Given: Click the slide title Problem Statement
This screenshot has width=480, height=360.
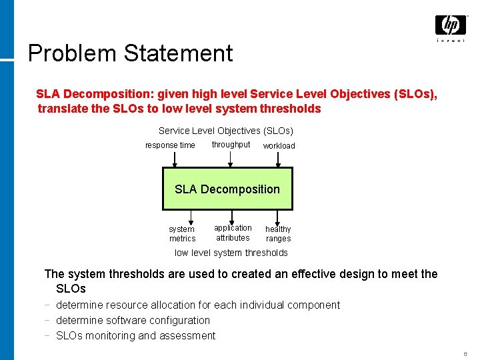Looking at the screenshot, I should [x=131, y=53].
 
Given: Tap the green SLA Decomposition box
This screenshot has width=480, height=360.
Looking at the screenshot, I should [x=227, y=189].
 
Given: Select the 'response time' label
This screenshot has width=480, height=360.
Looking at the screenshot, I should [x=170, y=145].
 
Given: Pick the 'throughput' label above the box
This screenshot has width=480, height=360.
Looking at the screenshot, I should [x=231, y=145].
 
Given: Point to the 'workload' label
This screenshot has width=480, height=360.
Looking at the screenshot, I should [x=279, y=146].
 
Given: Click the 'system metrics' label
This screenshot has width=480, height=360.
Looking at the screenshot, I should [x=182, y=233].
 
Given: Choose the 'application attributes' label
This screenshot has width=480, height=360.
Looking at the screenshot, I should [x=233, y=233].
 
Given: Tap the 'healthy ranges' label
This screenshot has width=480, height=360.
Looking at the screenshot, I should [x=278, y=233].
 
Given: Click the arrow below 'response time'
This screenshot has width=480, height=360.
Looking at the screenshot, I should [x=175, y=159].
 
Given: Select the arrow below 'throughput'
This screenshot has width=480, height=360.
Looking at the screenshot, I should [x=231, y=159].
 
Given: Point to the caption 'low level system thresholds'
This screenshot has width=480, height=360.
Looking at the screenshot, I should [x=231, y=253].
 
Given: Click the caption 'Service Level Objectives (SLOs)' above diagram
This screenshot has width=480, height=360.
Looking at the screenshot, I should [x=225, y=131].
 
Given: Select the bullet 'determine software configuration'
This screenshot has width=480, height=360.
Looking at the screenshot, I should [x=133, y=320].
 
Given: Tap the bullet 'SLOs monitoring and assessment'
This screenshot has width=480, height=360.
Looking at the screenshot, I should [x=135, y=335].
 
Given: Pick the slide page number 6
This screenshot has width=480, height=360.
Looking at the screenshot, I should [x=465, y=354].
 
